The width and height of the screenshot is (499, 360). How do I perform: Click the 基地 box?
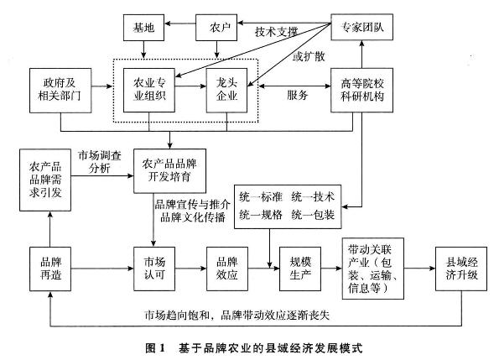[144, 28]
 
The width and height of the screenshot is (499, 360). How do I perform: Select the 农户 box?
[216, 28]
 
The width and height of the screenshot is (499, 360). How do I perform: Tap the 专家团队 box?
[361, 27]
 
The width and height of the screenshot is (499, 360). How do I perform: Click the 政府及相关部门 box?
[60, 91]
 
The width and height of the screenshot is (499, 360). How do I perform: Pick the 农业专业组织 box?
[149, 90]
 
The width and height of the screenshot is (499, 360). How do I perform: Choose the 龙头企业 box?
[227, 90]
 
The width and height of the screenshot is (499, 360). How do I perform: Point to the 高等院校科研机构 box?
[361, 90]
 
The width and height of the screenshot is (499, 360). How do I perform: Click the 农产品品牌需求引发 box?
[45, 180]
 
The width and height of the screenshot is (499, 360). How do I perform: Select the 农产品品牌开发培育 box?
[169, 171]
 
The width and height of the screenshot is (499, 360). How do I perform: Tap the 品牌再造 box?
[50, 269]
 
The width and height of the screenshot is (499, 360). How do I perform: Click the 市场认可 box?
[154, 269]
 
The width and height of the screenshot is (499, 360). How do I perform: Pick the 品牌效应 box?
[227, 269]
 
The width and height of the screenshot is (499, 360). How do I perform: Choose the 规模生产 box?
[300, 269]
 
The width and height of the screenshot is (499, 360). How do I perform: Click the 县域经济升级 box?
[461, 269]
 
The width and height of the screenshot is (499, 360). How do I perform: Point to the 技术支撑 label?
[276, 32]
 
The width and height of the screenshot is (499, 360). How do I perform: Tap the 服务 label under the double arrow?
[298, 95]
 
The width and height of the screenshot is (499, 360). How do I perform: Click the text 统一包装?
[313, 215]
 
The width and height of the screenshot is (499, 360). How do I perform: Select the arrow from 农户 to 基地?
[180, 23]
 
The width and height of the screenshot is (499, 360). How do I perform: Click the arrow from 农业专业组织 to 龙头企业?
[190, 86]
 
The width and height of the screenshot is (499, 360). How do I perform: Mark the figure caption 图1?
[156, 348]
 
